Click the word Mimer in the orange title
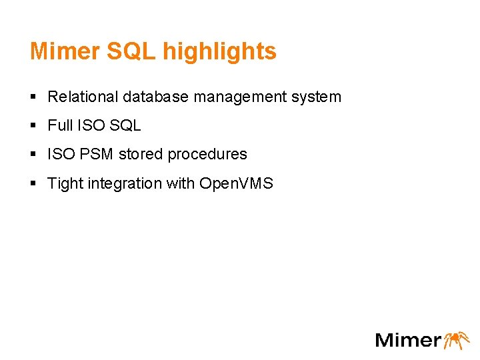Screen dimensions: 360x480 coord(61,51)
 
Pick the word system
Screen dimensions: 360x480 coord(317,97)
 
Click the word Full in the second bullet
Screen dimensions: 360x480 coord(59,125)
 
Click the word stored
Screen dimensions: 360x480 coord(141,154)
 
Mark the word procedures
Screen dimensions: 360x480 coord(207,154)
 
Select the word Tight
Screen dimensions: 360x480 coord(65,183)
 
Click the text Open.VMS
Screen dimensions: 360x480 coord(236,183)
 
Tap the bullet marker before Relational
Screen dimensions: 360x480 coord(33,97)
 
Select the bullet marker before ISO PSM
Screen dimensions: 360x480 coord(33,155)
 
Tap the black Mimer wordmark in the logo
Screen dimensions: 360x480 coord(408,339)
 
